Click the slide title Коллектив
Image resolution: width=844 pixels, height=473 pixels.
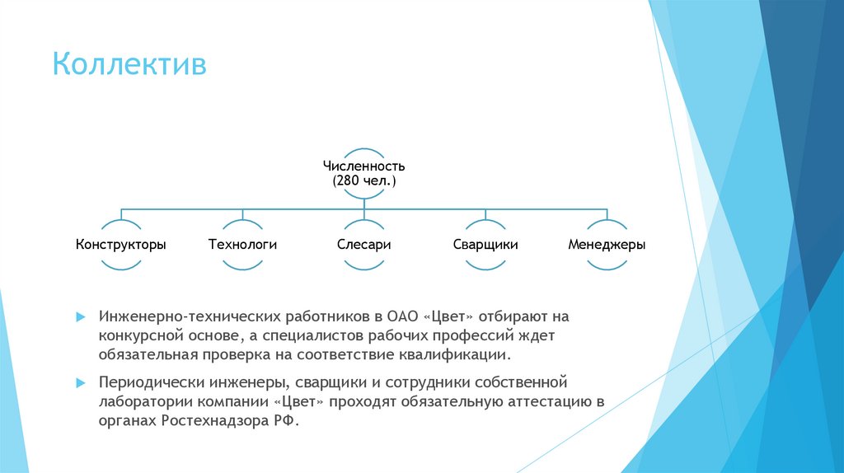[129, 64]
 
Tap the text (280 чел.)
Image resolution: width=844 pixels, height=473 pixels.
[364, 180]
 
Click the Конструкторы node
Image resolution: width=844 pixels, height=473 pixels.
[121, 245]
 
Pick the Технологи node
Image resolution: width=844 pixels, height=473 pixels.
[242, 245]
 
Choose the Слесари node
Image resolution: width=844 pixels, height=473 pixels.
[363, 245]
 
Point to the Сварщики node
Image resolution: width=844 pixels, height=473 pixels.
[485, 245]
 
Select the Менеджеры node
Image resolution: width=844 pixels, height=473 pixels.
[607, 245]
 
